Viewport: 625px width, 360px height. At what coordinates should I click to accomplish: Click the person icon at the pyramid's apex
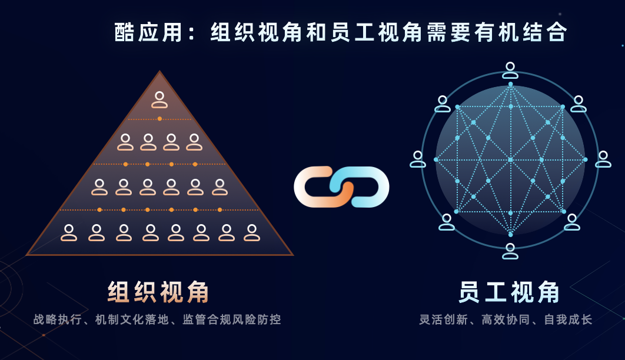pos(159,99)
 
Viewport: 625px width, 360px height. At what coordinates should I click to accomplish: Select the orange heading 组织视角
pos(159,292)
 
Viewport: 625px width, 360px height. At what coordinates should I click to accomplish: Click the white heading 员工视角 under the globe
pos(510,292)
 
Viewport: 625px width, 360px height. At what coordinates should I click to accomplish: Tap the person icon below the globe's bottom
pos(510,251)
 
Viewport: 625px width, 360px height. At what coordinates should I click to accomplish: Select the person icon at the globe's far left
pos(418,159)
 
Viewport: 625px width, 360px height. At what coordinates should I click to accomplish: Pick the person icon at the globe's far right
pos(603,159)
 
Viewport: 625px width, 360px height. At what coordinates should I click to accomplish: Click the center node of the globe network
pos(510,159)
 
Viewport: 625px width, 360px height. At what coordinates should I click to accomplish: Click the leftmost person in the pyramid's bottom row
pos(69,233)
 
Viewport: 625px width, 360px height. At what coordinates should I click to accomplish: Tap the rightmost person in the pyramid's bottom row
pos(252,233)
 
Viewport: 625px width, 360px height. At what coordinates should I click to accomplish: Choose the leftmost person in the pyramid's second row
pos(125,142)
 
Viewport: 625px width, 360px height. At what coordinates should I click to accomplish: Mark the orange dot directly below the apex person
pos(159,119)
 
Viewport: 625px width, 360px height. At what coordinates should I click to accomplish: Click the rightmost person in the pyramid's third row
pos(220,187)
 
